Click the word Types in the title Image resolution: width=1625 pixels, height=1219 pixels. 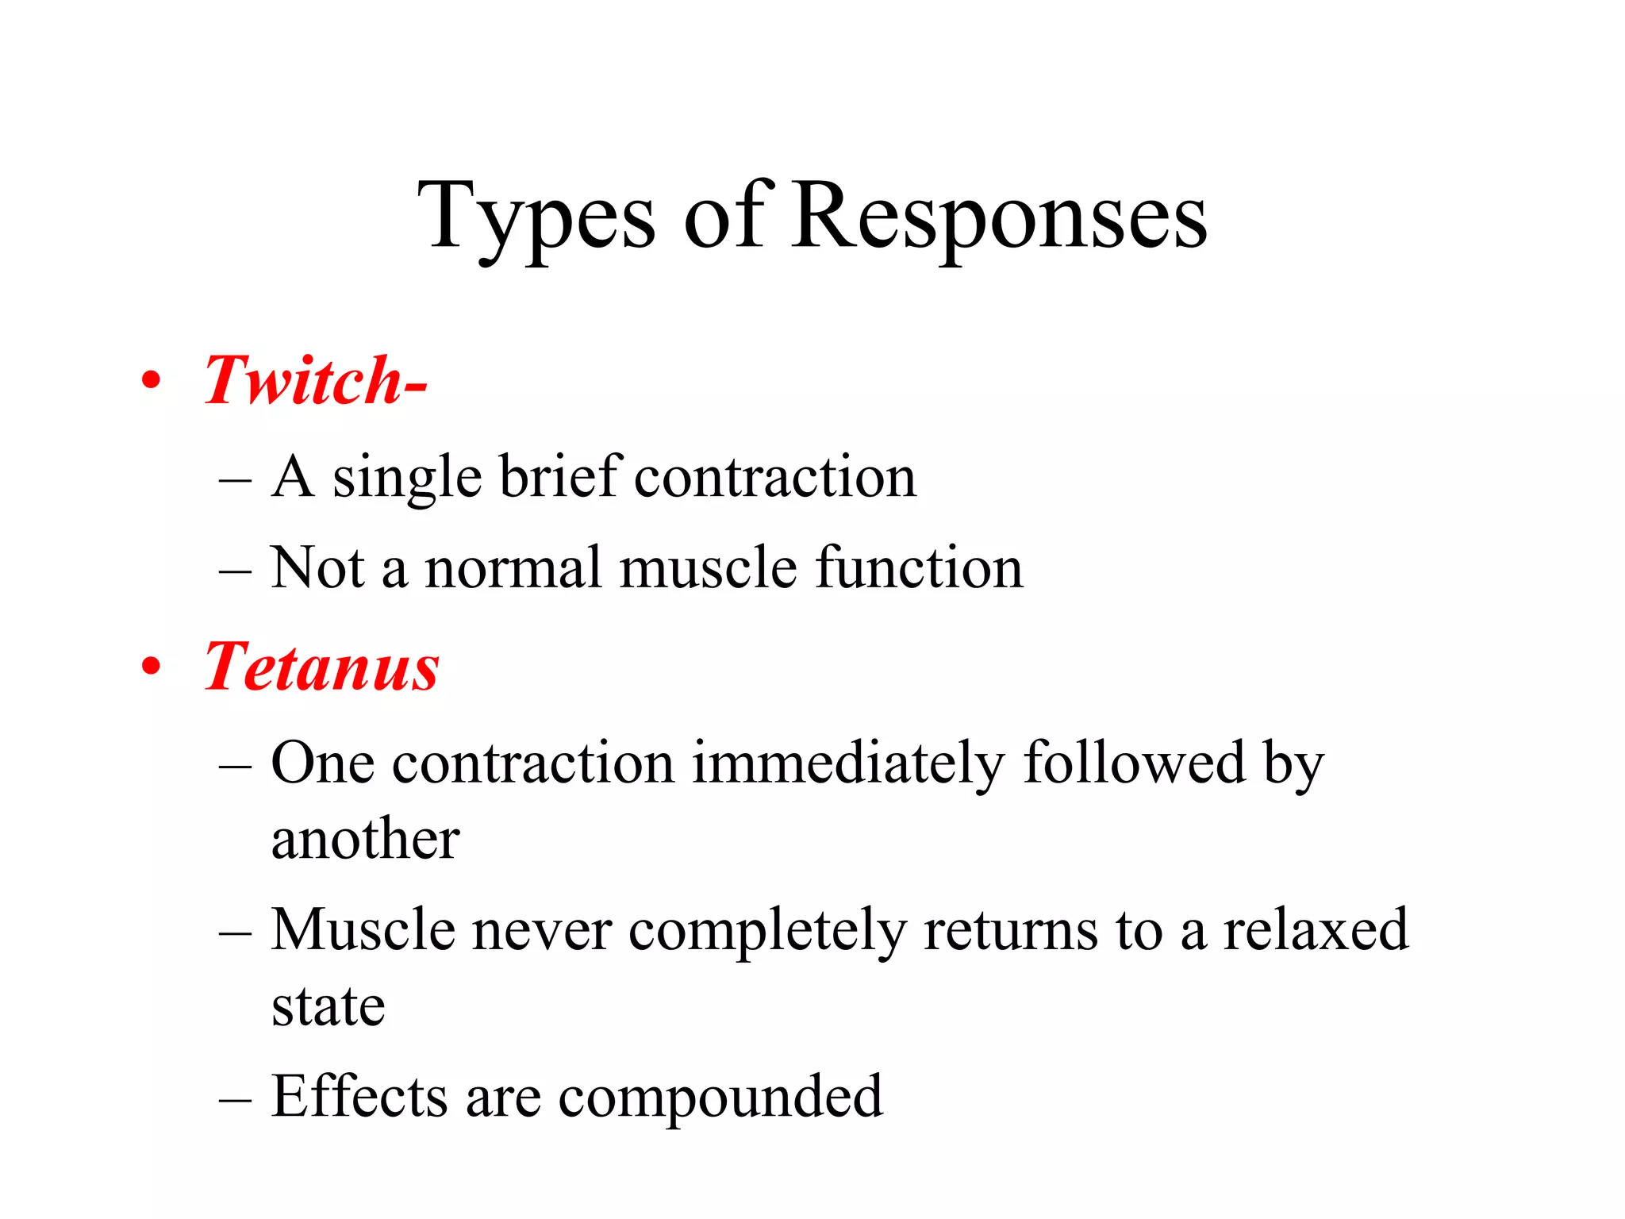tap(536, 216)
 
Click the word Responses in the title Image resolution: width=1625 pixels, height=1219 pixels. tap(998, 216)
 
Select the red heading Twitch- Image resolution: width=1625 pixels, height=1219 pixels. tap(315, 380)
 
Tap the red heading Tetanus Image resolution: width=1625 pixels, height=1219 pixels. tap(321, 667)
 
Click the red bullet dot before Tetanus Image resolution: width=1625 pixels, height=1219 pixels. tap(151, 667)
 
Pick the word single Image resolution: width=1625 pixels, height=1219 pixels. tap(406, 478)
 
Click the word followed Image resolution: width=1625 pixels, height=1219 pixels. tap(1134, 762)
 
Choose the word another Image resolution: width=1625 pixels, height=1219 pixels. tap(365, 839)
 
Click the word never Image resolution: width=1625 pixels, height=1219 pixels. tap(542, 930)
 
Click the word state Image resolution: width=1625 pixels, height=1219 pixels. tap(328, 1006)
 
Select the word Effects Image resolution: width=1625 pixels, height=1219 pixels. tap(359, 1096)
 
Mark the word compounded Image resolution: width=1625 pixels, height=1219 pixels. tap(720, 1098)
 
